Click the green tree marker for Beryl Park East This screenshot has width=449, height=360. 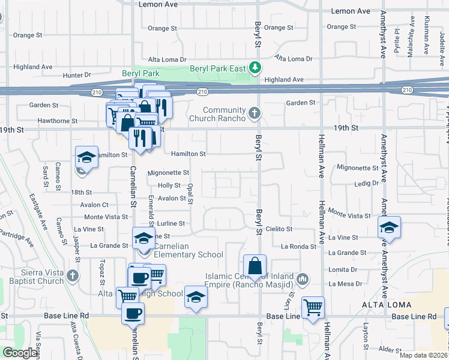[256, 67]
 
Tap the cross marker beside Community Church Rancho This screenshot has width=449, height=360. [255, 113]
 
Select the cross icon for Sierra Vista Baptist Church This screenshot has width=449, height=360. [72, 276]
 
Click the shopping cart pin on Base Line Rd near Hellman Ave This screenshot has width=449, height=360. [313, 307]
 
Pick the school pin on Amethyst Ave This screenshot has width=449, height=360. [389, 227]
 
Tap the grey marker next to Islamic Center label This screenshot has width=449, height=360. [302, 279]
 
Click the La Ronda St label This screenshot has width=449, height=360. [298, 247]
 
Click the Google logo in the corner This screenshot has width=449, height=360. [19, 353]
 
